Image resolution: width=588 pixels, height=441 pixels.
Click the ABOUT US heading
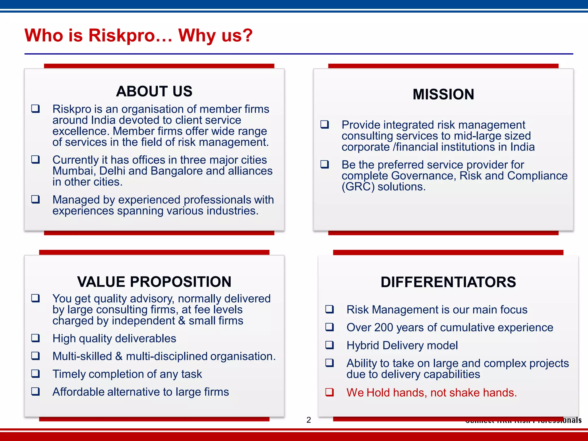[x=154, y=91]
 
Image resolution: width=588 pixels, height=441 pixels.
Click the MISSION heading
[x=443, y=94]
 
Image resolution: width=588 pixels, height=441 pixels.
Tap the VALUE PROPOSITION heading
[x=154, y=282]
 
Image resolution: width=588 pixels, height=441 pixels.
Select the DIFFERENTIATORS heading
[x=448, y=282]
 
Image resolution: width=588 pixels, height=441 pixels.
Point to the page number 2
[x=309, y=420]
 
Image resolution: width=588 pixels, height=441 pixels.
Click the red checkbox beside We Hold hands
[x=329, y=392]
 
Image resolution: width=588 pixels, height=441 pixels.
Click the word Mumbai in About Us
[x=73, y=171]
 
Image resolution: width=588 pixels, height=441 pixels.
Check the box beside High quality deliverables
[x=36, y=338]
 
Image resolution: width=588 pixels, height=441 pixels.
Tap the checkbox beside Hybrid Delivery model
[x=329, y=345]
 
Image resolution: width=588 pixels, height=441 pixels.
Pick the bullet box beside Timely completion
[x=36, y=374]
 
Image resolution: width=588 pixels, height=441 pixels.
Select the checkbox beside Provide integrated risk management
[x=324, y=124]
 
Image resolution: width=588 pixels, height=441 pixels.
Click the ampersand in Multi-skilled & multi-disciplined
[x=119, y=356]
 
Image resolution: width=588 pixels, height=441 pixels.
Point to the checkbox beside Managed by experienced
[x=36, y=199]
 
